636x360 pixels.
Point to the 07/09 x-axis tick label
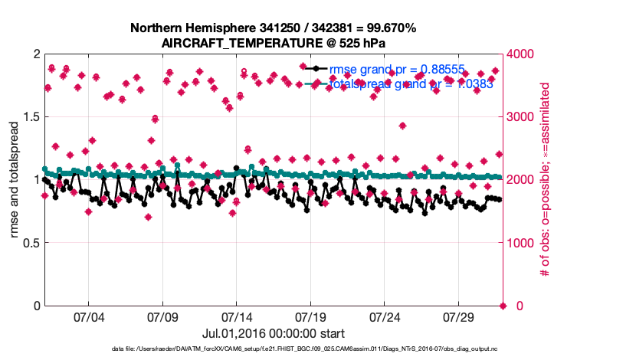pos(162,316)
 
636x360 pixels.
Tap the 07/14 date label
pos(237,316)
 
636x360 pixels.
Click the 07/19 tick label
pos(311,316)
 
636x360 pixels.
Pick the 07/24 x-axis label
pos(385,316)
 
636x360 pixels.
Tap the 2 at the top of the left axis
pos(36,54)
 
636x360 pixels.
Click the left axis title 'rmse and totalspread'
pos(15,180)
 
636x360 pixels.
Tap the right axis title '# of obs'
pos(546,180)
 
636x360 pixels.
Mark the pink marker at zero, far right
pos(503,306)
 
